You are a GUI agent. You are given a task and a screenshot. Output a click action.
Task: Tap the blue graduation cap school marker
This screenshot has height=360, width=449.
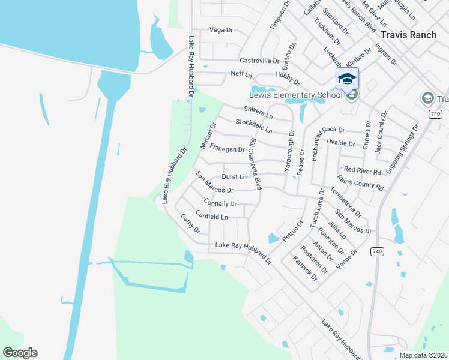[347, 79]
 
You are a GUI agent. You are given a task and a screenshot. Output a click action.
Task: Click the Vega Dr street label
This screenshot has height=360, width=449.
[220, 29]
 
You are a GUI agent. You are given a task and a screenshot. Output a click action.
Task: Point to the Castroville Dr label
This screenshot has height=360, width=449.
[260, 61]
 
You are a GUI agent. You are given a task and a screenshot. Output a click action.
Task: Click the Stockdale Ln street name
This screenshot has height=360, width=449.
[254, 126]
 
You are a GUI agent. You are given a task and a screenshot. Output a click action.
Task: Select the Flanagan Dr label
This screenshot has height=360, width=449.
[227, 149]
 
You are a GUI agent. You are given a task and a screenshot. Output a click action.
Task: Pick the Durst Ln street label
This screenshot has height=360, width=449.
[234, 177]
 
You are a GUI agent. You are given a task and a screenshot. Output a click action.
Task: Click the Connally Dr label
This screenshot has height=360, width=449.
[220, 204]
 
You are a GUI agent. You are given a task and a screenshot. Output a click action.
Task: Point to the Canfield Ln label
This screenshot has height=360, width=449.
[212, 217]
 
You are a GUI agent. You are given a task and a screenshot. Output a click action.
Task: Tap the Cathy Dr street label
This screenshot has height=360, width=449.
[190, 224]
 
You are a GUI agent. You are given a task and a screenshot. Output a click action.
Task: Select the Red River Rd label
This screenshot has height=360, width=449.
[363, 172]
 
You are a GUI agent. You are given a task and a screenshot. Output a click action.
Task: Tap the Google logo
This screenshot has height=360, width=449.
[20, 353]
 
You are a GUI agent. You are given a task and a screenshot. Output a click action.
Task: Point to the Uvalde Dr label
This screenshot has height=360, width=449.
[340, 143]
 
